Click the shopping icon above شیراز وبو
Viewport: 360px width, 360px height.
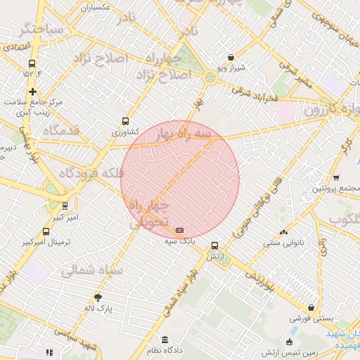pos(231,58)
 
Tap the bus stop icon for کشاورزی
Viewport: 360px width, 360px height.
pos(126,120)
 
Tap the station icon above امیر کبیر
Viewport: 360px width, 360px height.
pos(65,207)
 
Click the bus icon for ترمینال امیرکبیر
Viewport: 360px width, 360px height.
pos(46,231)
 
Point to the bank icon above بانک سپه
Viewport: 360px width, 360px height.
pos(180,230)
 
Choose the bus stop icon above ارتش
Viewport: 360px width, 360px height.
pos(214,246)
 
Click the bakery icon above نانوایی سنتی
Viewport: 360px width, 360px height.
pos(283,233)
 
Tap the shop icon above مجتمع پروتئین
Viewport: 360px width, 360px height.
pos(336,177)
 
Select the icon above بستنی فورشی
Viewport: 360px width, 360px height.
pos(311,307)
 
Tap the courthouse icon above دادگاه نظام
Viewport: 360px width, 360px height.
pos(165,340)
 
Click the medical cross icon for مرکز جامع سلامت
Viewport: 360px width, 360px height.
pos(32,91)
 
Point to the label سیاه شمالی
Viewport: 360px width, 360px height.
pos(92,270)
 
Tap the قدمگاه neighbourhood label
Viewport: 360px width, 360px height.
pos(60,131)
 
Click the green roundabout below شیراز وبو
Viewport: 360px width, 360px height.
pos(211,77)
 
